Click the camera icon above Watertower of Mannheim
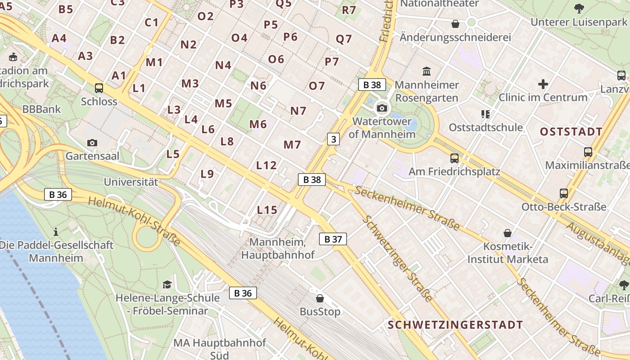click(x=382, y=108)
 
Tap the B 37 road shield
click(x=333, y=239)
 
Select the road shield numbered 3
click(x=333, y=139)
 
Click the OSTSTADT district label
click(x=571, y=132)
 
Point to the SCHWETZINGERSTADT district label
click(x=455, y=325)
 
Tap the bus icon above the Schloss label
click(x=99, y=88)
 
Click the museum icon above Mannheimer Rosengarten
click(x=426, y=71)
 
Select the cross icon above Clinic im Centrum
click(x=543, y=84)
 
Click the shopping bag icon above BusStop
click(x=320, y=298)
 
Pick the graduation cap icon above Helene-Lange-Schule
click(x=167, y=284)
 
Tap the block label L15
click(x=267, y=210)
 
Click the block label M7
click(x=292, y=144)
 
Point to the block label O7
click(x=316, y=85)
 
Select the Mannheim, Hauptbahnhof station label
click(x=278, y=248)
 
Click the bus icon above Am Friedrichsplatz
click(x=454, y=158)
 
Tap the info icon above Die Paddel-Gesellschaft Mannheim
click(x=56, y=232)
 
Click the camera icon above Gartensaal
click(x=92, y=143)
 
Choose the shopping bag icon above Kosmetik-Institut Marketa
click(x=508, y=233)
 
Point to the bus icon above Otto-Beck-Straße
click(x=563, y=193)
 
